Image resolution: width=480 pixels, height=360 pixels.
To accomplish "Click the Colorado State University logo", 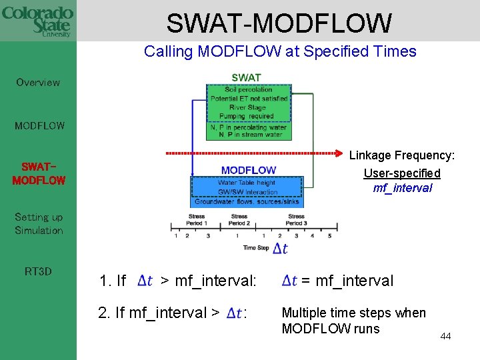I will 37,21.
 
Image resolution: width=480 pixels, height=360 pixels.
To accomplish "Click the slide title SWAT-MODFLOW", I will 279,23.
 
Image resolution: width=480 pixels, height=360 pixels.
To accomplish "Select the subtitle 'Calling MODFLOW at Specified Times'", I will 280,51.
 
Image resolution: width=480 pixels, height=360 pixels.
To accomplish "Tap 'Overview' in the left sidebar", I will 38,83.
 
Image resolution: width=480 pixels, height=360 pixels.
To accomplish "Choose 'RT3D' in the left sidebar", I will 38,271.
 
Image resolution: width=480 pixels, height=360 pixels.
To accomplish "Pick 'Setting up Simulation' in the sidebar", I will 39,224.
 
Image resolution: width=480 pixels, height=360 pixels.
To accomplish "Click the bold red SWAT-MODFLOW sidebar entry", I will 39,173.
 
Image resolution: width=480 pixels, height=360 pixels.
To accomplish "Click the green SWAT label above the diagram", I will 246,77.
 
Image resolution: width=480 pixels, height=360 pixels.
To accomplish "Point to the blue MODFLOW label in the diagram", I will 248,171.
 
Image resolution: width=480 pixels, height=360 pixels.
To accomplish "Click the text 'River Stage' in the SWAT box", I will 247,107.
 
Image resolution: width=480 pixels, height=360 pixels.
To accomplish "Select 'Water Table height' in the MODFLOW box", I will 247,183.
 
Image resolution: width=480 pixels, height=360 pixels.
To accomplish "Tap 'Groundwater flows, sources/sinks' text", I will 247,201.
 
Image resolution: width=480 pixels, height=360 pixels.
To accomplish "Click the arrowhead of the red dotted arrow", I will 338,153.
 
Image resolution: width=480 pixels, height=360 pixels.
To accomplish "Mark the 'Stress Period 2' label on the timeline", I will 239,220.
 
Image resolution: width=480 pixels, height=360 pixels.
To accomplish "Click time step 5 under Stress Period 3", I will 329,235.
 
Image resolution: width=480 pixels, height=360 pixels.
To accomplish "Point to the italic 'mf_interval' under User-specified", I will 402,188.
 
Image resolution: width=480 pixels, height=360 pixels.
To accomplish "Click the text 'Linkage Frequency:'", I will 402,155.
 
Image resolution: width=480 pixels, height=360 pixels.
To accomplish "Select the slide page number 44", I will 445,336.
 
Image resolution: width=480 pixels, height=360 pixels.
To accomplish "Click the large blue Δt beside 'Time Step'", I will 281,248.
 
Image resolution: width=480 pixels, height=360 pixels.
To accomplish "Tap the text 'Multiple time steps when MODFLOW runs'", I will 353,321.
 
